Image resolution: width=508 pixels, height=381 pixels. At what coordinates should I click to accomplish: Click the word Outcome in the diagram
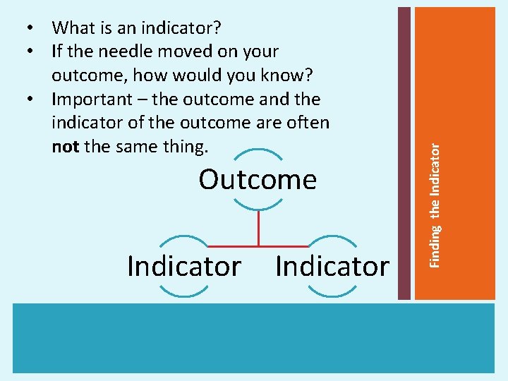[258, 180]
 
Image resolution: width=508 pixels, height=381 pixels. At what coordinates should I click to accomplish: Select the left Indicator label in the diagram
[184, 266]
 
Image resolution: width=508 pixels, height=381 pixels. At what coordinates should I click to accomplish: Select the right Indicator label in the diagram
[332, 266]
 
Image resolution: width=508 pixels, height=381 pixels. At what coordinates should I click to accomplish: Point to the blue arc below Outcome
[258, 207]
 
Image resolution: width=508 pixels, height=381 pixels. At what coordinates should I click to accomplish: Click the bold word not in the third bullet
[66, 147]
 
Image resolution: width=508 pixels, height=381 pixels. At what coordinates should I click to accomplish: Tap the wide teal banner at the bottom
[254, 338]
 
